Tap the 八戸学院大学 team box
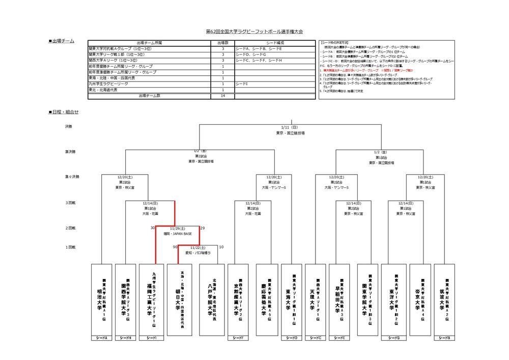click(x=210, y=299)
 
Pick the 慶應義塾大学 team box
click(x=265, y=299)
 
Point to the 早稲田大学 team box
click(x=341, y=299)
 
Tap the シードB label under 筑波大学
click(x=444, y=338)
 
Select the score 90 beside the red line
click(x=175, y=247)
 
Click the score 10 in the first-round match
click(x=221, y=247)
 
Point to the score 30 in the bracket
click(x=153, y=228)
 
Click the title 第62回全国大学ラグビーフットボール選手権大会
click(x=254, y=32)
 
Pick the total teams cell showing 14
click(x=223, y=95)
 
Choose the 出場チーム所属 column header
click(x=149, y=43)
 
